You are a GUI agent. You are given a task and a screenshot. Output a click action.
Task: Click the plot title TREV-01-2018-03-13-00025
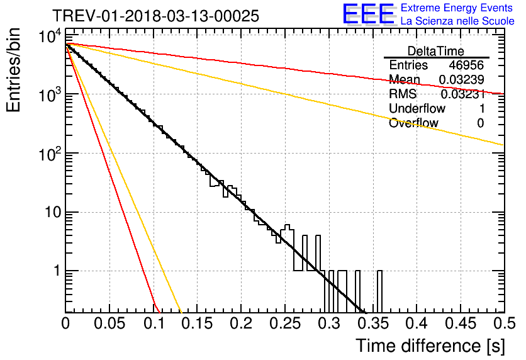coord(155,16)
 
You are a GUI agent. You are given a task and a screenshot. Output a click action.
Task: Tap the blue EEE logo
coord(369,14)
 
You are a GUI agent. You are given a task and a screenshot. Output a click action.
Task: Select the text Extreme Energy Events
coord(457,8)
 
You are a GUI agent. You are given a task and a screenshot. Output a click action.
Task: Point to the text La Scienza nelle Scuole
coord(457,21)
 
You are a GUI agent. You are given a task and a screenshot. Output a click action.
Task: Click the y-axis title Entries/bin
coord(13,70)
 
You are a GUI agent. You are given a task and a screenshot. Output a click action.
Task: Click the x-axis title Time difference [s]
coord(430,346)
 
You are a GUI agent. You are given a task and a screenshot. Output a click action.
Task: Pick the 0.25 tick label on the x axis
coord(285,323)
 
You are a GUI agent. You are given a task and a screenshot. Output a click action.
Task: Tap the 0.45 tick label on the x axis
coord(461,323)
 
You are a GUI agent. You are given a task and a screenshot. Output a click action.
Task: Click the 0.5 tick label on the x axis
coord(504,323)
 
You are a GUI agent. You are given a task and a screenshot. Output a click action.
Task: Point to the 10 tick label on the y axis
coord(53,212)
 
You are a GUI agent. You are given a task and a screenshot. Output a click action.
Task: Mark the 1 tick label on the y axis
coord(57,271)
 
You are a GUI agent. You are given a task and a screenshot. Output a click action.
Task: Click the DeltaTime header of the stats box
coord(436,51)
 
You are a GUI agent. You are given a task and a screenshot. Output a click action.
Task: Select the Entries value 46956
coord(466,65)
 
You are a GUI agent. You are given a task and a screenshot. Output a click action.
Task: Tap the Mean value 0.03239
coord(462,79)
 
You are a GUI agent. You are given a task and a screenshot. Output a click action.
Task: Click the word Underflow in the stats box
coord(417,108)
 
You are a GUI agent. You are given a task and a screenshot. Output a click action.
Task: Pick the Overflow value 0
coord(480,123)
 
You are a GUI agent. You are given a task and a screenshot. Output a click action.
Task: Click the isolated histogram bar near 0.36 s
coord(379,291)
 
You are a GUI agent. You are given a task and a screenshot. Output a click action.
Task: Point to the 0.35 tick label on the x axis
coord(373,323)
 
